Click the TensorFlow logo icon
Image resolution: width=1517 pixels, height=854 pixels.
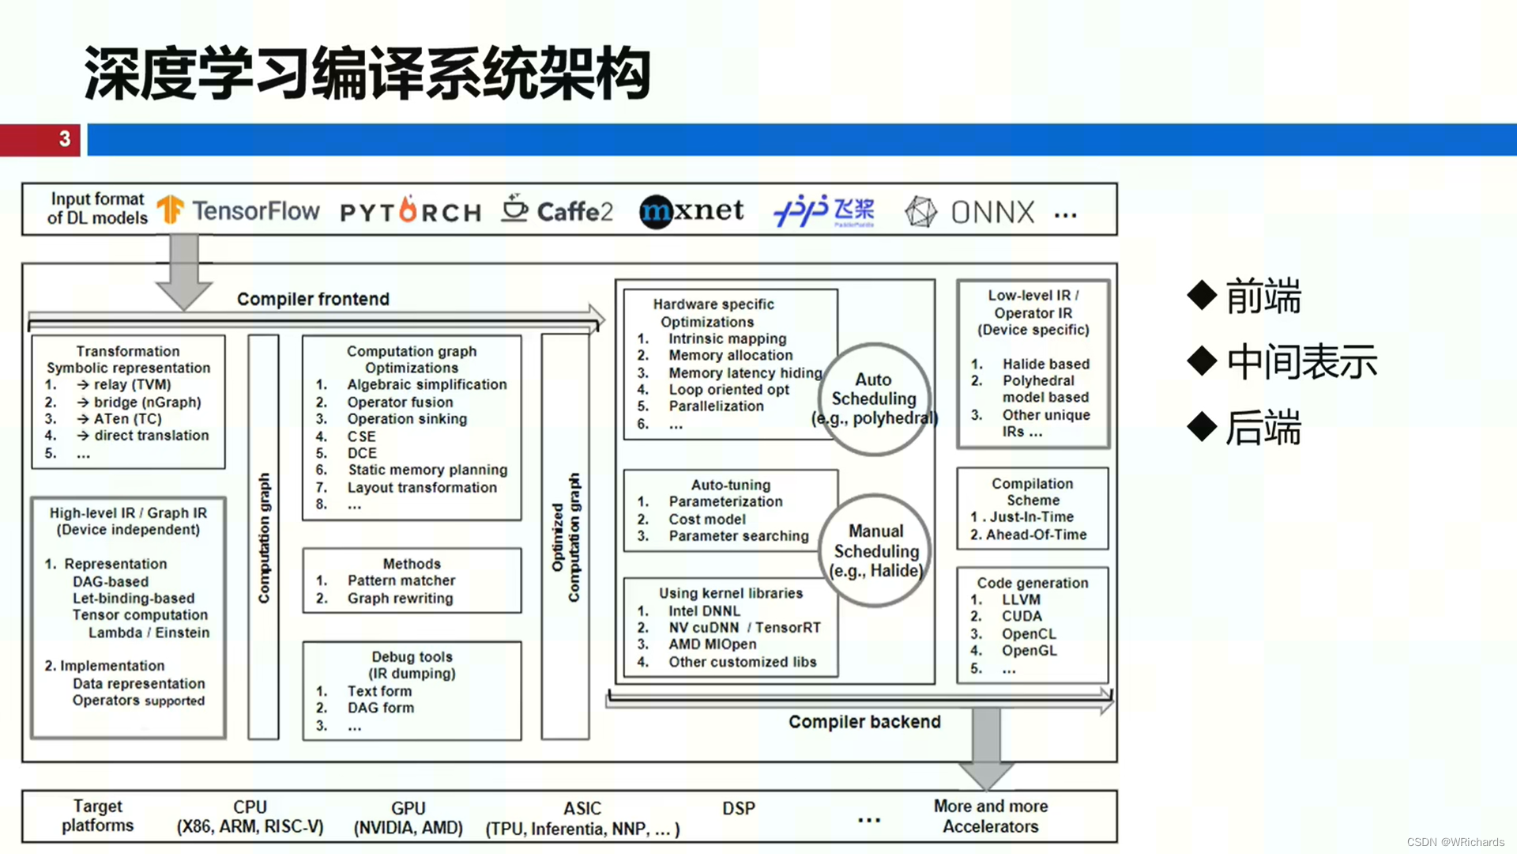170,210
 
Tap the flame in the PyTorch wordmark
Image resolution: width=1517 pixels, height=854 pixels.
408,210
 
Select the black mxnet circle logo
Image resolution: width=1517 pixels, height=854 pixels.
655,212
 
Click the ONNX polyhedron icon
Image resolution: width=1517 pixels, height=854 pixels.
920,212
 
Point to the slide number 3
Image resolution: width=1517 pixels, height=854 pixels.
65,139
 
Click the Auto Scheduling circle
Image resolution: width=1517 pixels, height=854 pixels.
874,399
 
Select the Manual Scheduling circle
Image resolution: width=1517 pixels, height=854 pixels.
875,550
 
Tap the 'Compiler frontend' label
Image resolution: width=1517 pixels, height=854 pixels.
313,299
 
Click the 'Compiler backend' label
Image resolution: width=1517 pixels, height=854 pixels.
864,722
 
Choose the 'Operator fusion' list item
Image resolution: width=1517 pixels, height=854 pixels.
400,402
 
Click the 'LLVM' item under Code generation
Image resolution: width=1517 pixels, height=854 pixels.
1021,599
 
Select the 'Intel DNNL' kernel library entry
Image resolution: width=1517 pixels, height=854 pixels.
704,611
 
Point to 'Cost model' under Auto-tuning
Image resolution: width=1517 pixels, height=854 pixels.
707,520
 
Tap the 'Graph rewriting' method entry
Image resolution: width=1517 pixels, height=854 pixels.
400,599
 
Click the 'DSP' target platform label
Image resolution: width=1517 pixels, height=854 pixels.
739,809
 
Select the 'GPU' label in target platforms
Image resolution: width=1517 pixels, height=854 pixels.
408,809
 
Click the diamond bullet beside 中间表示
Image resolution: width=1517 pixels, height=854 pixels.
1202,361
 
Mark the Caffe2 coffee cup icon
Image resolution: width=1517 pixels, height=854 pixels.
514,209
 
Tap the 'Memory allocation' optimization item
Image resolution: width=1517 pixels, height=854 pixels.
730,356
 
